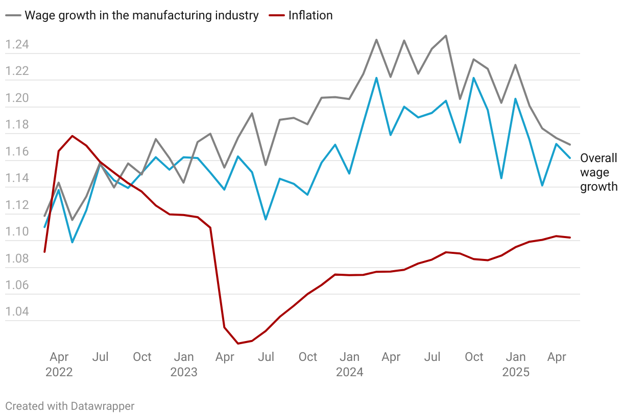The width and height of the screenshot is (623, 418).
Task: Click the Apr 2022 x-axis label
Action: pyautogui.click(x=59, y=364)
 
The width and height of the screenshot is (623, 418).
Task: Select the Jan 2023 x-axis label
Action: pyautogui.click(x=183, y=364)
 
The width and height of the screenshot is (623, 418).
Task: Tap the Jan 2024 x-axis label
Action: pyautogui.click(x=349, y=364)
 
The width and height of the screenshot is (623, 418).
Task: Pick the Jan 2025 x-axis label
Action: pyautogui.click(x=516, y=364)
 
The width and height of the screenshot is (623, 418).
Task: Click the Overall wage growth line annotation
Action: pyautogui.click(x=598, y=172)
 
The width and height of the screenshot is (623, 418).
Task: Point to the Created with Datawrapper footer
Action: pyautogui.click(x=70, y=406)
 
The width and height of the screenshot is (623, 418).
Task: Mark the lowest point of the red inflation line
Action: pyautogui.click(x=237, y=344)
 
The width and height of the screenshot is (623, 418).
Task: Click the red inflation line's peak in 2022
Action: pyautogui.click(x=73, y=136)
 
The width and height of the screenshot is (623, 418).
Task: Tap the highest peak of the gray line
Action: pyautogui.click(x=446, y=36)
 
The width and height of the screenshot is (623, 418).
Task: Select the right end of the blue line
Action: pyautogui.click(x=570, y=158)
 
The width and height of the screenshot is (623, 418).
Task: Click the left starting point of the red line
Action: pyautogui.click(x=45, y=252)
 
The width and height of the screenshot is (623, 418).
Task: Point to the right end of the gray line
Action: pyautogui.click(x=570, y=145)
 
